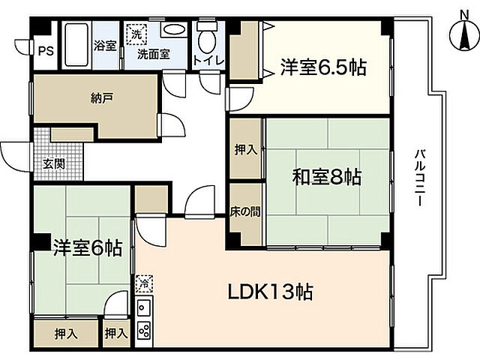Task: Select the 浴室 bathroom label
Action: [x=104, y=46]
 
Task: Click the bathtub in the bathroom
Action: [x=76, y=44]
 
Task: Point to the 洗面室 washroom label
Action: [x=151, y=54]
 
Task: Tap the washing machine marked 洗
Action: [x=137, y=33]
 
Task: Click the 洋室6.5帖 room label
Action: [x=324, y=67]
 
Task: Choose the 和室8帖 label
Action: [x=327, y=178]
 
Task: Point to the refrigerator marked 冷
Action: [x=143, y=284]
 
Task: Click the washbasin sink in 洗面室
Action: [x=174, y=30]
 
